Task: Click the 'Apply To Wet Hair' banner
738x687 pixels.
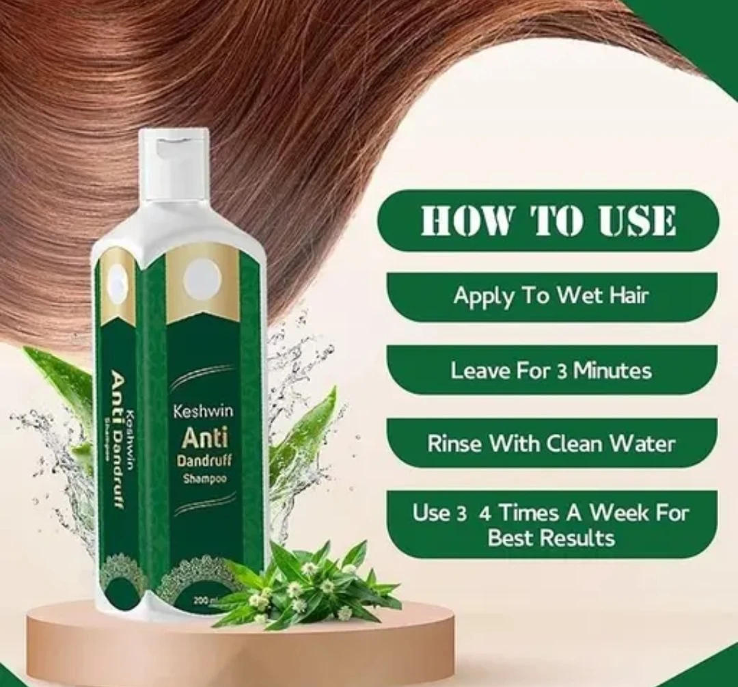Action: (551, 296)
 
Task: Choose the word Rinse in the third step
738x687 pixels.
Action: (452, 443)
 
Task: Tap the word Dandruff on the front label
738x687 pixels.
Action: (203, 461)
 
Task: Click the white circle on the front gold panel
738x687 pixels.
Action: (202, 280)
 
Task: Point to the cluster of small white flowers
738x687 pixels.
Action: (301, 588)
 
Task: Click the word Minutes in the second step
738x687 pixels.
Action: (612, 371)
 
